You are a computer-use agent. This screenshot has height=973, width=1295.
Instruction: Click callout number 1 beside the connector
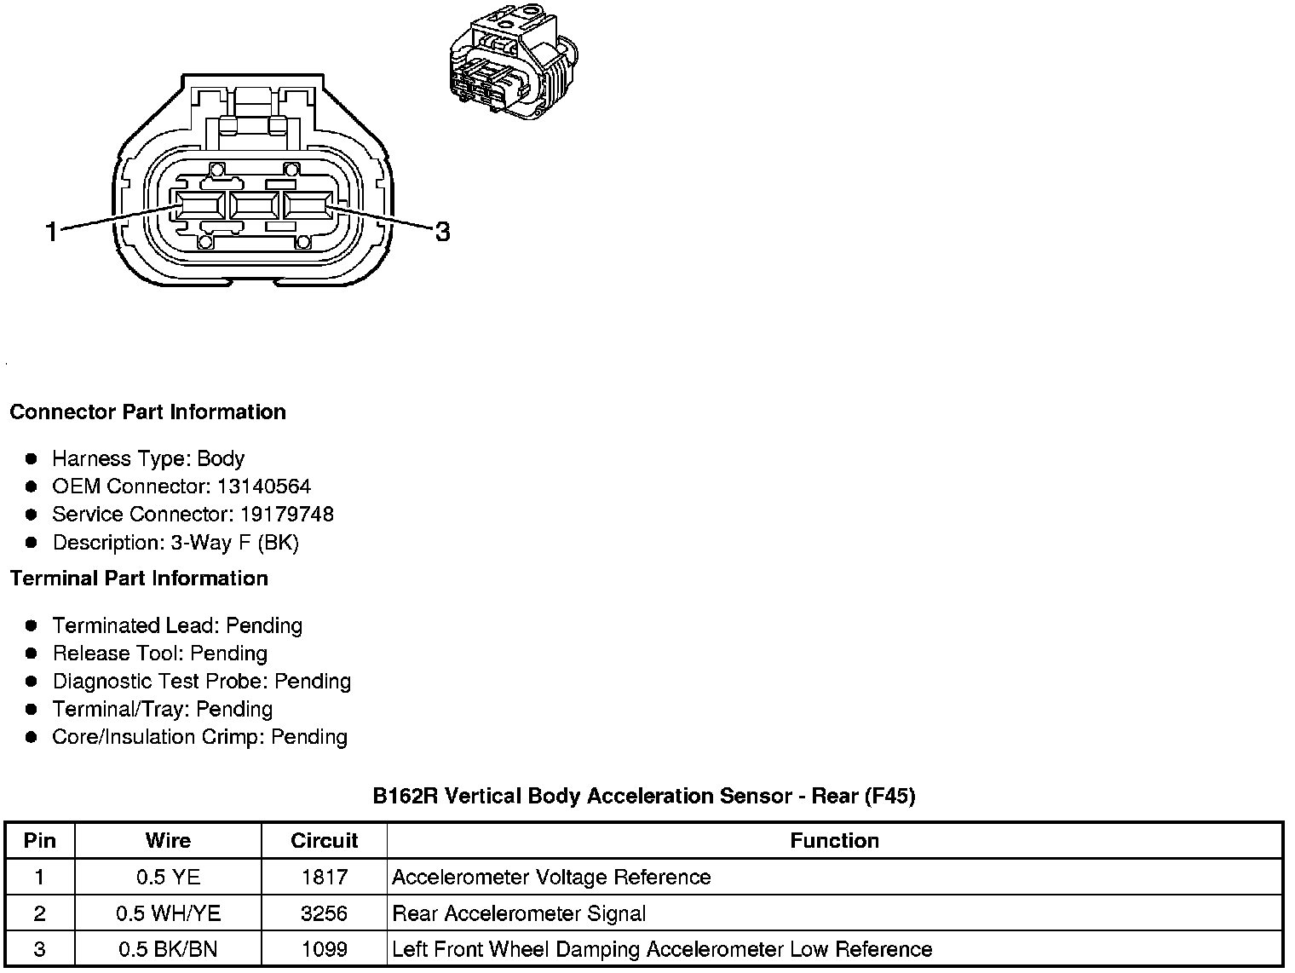click(52, 231)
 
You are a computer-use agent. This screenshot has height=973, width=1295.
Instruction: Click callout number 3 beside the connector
click(442, 231)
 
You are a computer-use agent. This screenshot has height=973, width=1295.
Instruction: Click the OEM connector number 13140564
click(263, 486)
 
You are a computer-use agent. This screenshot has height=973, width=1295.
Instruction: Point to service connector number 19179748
click(287, 515)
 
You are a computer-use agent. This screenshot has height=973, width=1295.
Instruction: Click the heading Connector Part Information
click(147, 412)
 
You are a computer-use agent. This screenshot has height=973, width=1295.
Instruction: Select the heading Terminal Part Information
click(139, 579)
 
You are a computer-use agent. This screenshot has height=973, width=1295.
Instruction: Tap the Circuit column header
click(324, 841)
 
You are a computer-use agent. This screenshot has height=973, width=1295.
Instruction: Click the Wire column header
click(168, 841)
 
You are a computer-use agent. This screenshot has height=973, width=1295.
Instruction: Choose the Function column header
click(834, 841)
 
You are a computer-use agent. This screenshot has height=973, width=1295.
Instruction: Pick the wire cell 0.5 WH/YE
click(168, 914)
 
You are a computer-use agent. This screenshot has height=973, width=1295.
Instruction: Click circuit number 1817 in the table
click(324, 878)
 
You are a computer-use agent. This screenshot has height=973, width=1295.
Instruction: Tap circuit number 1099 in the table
click(324, 950)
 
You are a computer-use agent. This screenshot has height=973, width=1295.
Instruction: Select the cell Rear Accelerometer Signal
click(519, 914)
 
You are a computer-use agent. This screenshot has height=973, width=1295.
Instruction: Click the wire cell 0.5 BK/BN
click(168, 950)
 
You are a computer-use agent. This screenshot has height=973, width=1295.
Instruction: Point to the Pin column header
click(39, 841)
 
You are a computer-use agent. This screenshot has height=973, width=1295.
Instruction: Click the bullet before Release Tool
click(32, 653)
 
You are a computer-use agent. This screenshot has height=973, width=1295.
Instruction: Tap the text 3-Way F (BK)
click(234, 543)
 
